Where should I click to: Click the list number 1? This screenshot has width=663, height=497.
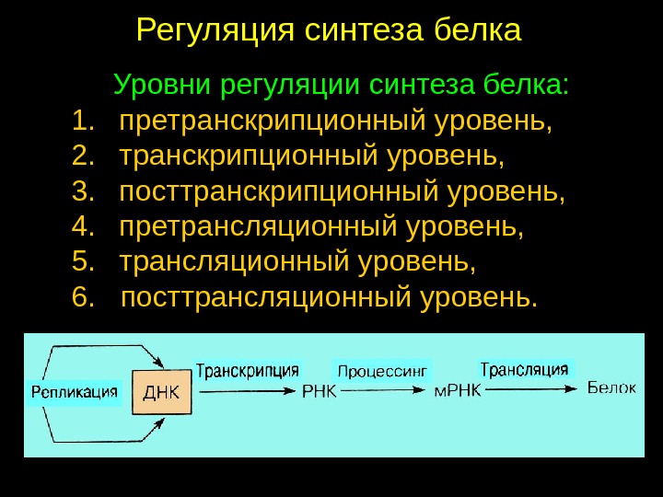[x=83, y=121]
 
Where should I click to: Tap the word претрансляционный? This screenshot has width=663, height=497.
[x=263, y=226]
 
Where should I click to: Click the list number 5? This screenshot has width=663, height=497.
[x=83, y=262]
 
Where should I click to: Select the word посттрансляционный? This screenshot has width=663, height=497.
[x=266, y=297]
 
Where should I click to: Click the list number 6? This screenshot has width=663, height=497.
[x=83, y=297]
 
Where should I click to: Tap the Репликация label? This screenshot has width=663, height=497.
[x=74, y=392]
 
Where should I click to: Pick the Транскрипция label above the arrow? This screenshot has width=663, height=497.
[x=248, y=371]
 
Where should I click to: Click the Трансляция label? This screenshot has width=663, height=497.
[x=525, y=370]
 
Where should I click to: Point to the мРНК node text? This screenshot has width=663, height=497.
[x=458, y=391]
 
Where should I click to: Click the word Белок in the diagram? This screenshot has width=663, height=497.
[x=611, y=388]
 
